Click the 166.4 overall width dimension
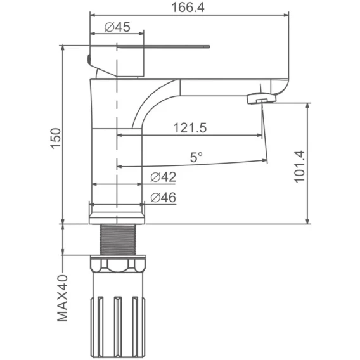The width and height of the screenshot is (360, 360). (188, 8)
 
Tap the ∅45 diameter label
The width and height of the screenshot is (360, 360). (117, 27)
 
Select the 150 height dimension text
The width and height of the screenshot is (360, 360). (56, 139)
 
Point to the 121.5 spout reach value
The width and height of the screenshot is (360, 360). (190, 127)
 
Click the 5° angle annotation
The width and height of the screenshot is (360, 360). (196, 157)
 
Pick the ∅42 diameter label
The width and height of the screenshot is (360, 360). (164, 177)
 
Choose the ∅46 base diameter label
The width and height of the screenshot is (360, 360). (164, 198)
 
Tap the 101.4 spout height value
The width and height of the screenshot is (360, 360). (300, 167)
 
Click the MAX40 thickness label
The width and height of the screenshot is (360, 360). (63, 298)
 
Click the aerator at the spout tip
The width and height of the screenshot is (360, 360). (262, 98)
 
